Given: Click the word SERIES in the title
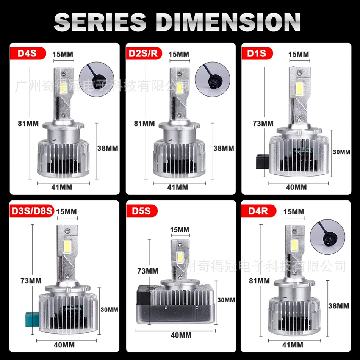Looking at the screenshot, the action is pos(100,22).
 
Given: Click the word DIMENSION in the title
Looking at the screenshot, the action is pos(227,22).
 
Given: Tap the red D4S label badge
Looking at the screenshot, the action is pos(28,53).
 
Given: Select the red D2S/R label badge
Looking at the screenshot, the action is pos(144,53).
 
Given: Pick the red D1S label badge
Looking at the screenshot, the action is pos(257,53).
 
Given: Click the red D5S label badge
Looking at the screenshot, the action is pos(142,211).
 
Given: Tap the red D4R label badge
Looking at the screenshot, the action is pos(258,211).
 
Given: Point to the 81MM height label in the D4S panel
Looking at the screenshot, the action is pos(28,124).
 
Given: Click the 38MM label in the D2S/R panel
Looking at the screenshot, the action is pos(224,148).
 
